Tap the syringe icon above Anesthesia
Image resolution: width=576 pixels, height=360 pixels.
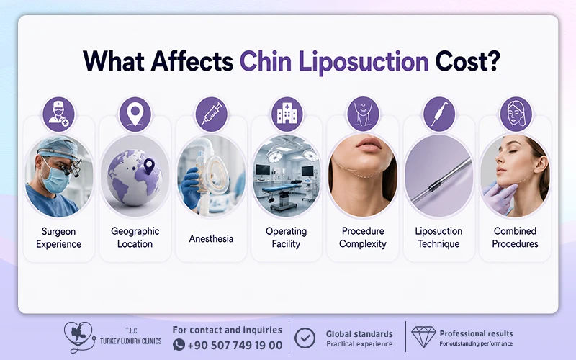(211, 114)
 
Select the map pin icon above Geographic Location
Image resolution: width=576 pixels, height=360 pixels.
(135, 114)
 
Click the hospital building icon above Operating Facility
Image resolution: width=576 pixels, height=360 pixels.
(287, 113)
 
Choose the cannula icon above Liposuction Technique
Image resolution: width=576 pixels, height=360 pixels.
(439, 114)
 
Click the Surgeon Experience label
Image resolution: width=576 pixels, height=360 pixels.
(59, 238)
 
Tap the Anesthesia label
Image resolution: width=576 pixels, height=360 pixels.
(211, 239)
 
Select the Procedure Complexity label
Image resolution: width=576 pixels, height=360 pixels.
(363, 238)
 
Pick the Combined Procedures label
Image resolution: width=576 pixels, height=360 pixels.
(515, 238)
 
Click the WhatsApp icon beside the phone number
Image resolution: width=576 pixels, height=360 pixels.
(179, 345)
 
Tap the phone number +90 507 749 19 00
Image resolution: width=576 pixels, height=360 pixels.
(235, 346)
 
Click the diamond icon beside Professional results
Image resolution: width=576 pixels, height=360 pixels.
(423, 336)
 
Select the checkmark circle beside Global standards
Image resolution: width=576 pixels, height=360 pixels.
(305, 338)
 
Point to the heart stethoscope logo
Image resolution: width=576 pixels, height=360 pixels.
(79, 337)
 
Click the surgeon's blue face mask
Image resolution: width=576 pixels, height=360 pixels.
(55, 179)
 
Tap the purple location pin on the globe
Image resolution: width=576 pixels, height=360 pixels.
(149, 166)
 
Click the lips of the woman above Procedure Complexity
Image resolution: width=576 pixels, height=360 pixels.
(369, 145)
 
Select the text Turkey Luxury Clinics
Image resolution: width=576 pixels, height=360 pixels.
(131, 341)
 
